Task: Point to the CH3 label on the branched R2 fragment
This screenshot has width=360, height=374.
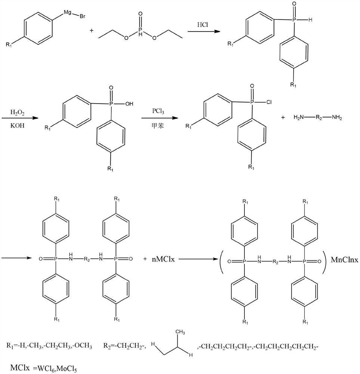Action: pyautogui.click(x=181, y=332)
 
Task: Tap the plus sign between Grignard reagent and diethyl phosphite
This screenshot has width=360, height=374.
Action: pyautogui.click(x=92, y=30)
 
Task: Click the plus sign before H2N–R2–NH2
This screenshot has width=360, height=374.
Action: pyautogui.click(x=283, y=117)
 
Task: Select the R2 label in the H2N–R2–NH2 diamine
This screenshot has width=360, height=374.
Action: pyautogui.click(x=319, y=117)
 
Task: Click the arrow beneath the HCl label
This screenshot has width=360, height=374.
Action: pyautogui.click(x=203, y=32)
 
